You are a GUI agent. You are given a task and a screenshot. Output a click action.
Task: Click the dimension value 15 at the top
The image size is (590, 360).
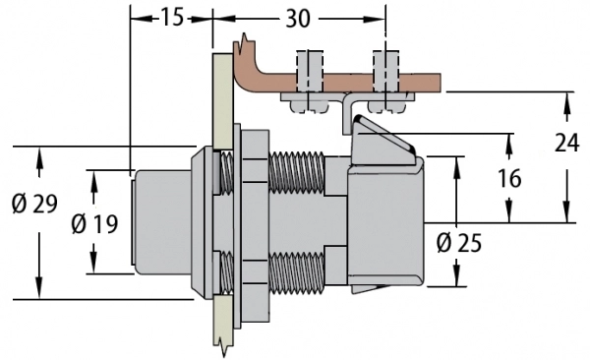[x=172, y=18]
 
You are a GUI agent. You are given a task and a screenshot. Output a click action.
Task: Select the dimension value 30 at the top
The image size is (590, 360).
[x=298, y=19]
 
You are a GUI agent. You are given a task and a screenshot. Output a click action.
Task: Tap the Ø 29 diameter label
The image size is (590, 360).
[x=34, y=205]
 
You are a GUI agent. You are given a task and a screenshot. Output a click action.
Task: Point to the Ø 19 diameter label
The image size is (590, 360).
[x=94, y=223]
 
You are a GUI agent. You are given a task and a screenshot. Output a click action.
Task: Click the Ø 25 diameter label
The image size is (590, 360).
[x=459, y=243]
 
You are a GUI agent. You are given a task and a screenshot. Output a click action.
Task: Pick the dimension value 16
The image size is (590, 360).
[x=509, y=178]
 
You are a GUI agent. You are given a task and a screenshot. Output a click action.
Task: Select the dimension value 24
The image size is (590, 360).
[x=567, y=143]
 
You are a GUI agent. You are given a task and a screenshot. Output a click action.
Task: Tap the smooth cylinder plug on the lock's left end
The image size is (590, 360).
[x=162, y=222]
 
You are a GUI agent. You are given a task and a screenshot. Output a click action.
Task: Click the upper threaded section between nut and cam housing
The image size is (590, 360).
[x=297, y=173]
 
